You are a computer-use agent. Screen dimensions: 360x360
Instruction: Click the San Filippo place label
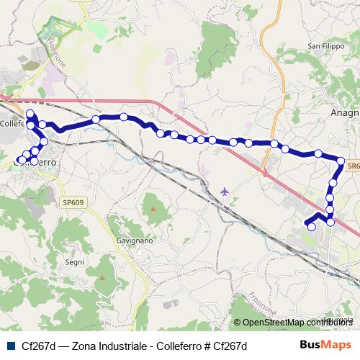click(x=323, y=47)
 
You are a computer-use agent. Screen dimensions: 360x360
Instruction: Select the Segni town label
click(x=75, y=262)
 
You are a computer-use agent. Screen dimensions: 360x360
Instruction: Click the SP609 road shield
click(x=73, y=203)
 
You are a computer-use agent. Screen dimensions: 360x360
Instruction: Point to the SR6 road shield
click(x=351, y=166)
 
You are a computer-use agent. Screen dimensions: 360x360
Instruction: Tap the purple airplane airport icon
click(x=225, y=192)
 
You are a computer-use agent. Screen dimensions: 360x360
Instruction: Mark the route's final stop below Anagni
click(x=311, y=227)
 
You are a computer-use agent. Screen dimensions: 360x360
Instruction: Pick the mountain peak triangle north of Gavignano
click(x=153, y=208)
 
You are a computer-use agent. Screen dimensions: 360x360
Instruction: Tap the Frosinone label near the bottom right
click(x=261, y=302)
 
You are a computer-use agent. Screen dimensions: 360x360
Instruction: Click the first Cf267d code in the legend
click(x=37, y=346)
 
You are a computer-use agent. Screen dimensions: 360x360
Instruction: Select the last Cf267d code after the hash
click(x=230, y=346)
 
